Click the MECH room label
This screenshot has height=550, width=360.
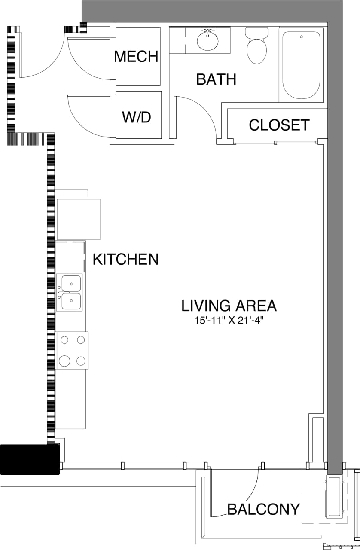[x=136, y=57]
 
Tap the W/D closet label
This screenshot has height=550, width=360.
[x=137, y=117]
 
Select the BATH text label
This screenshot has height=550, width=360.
[x=216, y=79]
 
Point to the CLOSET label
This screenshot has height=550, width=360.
[x=279, y=125]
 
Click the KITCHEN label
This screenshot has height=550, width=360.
[x=125, y=260]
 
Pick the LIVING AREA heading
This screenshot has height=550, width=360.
[x=229, y=306]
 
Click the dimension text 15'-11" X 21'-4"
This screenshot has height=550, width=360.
[x=229, y=320]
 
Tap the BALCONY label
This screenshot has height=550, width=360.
[x=263, y=509]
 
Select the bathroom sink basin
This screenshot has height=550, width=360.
[x=207, y=40]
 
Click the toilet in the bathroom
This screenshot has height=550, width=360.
[x=256, y=46]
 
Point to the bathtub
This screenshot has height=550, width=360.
[x=301, y=64]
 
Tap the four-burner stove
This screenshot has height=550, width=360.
[x=72, y=350]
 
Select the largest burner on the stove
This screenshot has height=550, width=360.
[x=64, y=361]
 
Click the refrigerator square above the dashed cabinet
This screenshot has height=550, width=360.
[x=78, y=219]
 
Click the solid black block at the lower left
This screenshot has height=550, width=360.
[x=29, y=459]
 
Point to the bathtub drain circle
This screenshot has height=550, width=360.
[x=302, y=37]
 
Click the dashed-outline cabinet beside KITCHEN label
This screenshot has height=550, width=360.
[x=70, y=257]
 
